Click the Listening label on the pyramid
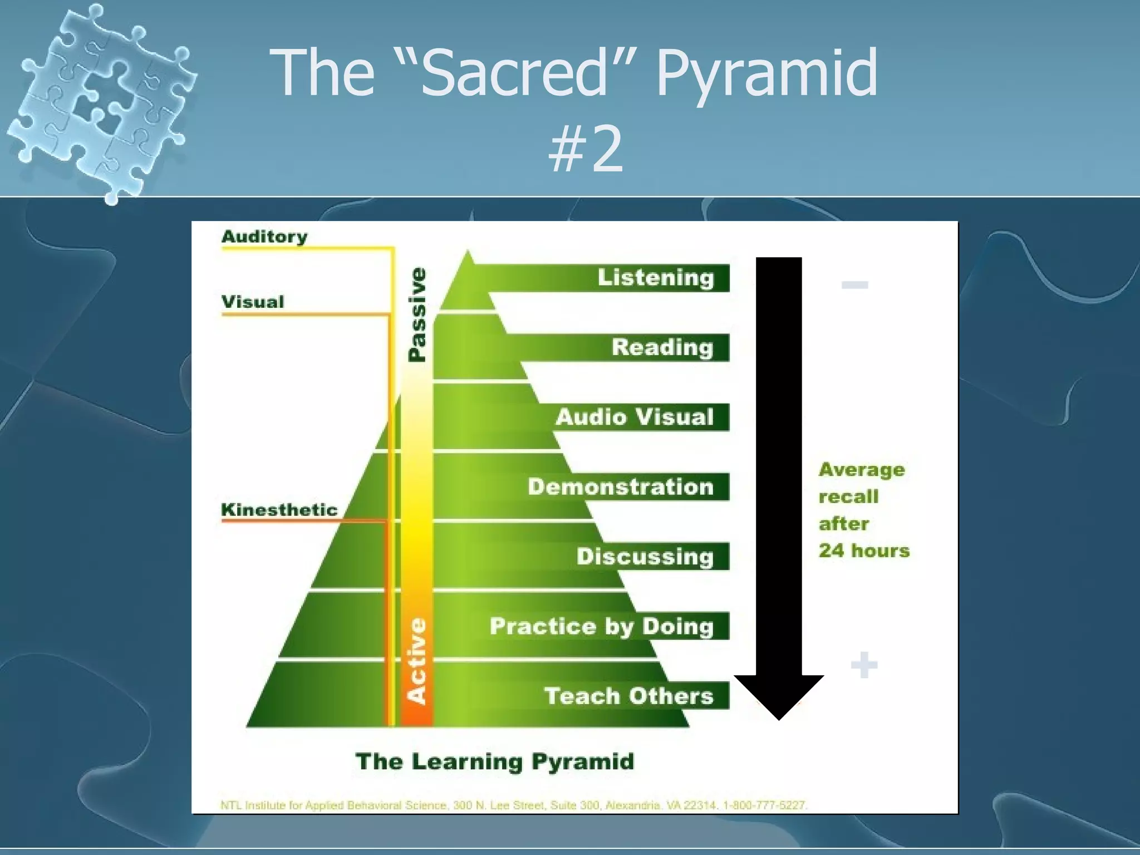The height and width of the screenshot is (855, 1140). [x=655, y=277]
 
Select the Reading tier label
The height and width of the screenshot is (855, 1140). [x=662, y=347]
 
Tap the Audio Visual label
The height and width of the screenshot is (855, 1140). [x=635, y=417]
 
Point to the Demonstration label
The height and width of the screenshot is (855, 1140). [x=621, y=487]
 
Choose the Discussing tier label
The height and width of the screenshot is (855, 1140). [x=645, y=556]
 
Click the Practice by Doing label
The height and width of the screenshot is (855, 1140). [x=601, y=626]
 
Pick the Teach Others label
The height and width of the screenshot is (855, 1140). [x=628, y=696]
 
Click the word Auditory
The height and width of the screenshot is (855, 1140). [x=264, y=237]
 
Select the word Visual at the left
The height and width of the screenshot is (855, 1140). [x=253, y=302]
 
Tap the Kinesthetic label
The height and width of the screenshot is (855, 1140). [x=279, y=509]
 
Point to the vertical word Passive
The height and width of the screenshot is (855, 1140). [x=417, y=315]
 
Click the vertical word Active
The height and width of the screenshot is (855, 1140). [x=417, y=661]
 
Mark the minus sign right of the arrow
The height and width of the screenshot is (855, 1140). [x=854, y=285]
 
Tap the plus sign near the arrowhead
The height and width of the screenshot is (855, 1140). [x=864, y=665]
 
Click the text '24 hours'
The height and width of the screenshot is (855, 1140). [x=864, y=551]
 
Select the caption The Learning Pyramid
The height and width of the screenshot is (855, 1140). [x=495, y=761]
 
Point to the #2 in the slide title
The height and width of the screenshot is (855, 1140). [x=585, y=149]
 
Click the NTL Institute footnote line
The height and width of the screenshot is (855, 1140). [x=513, y=805]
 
